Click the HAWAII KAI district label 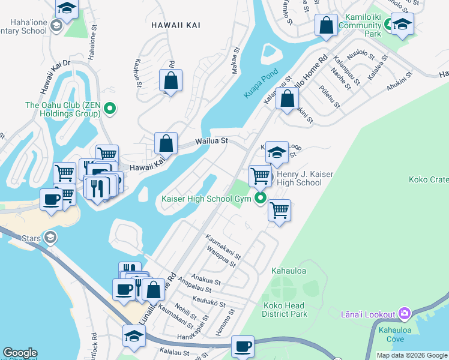(176, 25)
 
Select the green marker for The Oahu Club (110, 109)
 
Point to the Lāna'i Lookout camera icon (405, 314)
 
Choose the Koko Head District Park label (285, 309)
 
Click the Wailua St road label (211, 141)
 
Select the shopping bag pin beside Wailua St (166, 144)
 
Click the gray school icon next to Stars (51, 238)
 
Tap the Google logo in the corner (20, 353)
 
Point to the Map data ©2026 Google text (412, 355)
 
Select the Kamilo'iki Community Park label (360, 25)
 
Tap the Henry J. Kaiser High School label (300, 178)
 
